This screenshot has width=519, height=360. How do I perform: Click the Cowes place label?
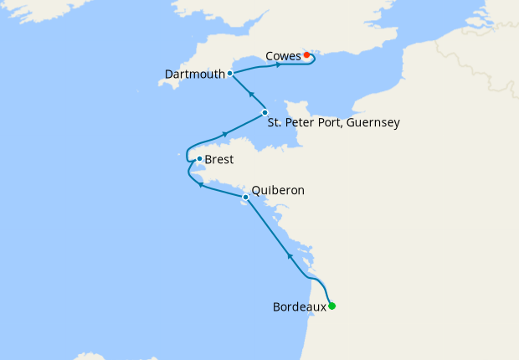click(283, 56)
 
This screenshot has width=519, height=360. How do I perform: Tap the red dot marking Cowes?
click(306, 55)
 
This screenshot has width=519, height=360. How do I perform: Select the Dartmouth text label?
click(195, 74)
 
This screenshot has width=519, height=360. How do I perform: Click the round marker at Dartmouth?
click(229, 74)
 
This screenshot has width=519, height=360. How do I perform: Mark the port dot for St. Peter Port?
click(265, 113)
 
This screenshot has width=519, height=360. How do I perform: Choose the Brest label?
click(219, 159)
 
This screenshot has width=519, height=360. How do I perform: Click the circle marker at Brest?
click(199, 158)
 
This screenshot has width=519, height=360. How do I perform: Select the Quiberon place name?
click(278, 191)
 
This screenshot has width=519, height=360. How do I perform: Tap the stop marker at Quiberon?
click(245, 198)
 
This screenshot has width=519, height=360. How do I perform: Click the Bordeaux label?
click(300, 307)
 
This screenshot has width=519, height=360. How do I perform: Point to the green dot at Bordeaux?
click(332, 306)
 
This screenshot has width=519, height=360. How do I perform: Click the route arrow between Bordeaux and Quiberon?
click(290, 255)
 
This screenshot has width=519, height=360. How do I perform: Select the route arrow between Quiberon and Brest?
click(200, 186)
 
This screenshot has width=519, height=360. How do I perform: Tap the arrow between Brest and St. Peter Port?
click(224, 134)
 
